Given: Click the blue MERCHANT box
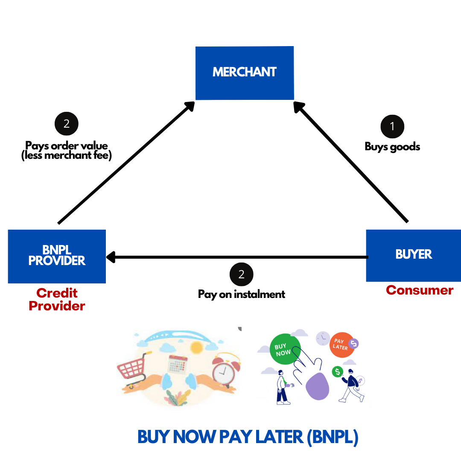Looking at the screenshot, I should (x=245, y=73).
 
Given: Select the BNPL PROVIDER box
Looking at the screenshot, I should (x=57, y=256).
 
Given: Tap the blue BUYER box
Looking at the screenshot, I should (x=413, y=255).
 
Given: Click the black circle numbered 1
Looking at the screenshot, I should (x=392, y=126).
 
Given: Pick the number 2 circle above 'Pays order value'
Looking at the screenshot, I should (x=67, y=124).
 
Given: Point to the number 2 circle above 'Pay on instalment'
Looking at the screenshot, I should (x=241, y=274).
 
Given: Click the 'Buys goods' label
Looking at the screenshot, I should (x=392, y=147).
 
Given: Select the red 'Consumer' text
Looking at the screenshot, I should (x=419, y=290).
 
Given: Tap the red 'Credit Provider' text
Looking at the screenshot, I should (x=57, y=299).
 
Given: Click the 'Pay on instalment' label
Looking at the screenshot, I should (x=242, y=294).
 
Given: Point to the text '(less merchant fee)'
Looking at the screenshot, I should (x=67, y=156).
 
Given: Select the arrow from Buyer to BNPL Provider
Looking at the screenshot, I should (x=237, y=257).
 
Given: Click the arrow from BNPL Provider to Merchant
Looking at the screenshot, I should (x=126, y=162).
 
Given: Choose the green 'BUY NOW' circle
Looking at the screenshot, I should (x=285, y=349).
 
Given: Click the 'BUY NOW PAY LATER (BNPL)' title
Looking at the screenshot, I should (x=248, y=437).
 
